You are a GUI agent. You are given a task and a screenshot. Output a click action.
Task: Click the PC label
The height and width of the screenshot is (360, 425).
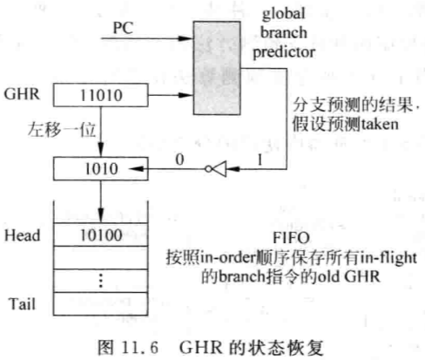pyautogui.click(x=123, y=28)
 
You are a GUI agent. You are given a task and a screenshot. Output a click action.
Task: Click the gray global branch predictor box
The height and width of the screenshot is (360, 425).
pyautogui.click(x=217, y=68)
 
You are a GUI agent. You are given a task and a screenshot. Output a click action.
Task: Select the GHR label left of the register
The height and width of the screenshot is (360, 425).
pyautogui.click(x=22, y=94)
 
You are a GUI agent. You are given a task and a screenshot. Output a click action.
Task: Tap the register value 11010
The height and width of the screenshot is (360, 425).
pyautogui.click(x=101, y=95)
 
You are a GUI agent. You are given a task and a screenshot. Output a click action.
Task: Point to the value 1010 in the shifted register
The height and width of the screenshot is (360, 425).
pyautogui.click(x=101, y=169)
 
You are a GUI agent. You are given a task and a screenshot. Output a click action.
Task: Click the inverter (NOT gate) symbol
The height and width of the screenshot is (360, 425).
pyautogui.click(x=216, y=169)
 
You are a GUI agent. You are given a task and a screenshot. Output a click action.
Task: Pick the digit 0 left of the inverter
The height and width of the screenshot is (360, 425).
pyautogui.click(x=179, y=160)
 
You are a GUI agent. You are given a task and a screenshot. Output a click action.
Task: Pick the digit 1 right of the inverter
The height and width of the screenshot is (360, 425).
pyautogui.click(x=260, y=160)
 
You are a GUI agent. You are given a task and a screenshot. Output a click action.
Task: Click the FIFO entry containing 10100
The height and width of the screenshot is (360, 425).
pyautogui.click(x=101, y=234)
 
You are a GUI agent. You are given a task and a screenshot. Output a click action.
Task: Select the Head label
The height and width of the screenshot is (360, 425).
pyautogui.click(x=23, y=235)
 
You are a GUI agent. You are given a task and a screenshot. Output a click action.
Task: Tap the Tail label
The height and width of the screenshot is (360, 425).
pyautogui.click(x=23, y=304)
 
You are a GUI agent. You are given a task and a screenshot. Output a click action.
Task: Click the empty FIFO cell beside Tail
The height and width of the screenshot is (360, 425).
pyautogui.click(x=101, y=304)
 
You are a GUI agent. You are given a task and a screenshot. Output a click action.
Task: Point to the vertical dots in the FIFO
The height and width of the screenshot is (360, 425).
pyautogui.click(x=101, y=281)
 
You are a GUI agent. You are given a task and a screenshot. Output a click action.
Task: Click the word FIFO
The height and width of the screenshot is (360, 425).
pyautogui.click(x=291, y=238)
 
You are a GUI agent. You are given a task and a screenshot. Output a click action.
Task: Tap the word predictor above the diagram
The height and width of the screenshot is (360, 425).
pyautogui.click(x=284, y=52)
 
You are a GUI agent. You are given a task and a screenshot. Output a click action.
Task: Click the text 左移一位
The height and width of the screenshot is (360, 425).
pyautogui.click(x=62, y=130)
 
